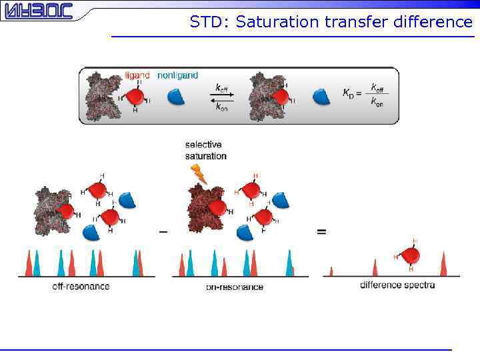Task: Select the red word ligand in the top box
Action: tap(138, 75)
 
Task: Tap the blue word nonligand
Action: tap(177, 75)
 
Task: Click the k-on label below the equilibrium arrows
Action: tap(221, 108)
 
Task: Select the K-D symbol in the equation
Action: tap(349, 94)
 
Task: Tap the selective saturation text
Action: tap(205, 150)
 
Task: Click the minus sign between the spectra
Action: tap(163, 232)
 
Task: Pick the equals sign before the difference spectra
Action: tap(321, 232)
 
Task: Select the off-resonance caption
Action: tap(81, 286)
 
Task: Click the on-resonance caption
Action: tap(234, 287)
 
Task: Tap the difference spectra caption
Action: tap(397, 285)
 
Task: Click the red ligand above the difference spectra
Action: tap(411, 255)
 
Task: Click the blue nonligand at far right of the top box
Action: tap(321, 97)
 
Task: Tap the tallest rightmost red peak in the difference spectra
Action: tap(443, 264)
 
